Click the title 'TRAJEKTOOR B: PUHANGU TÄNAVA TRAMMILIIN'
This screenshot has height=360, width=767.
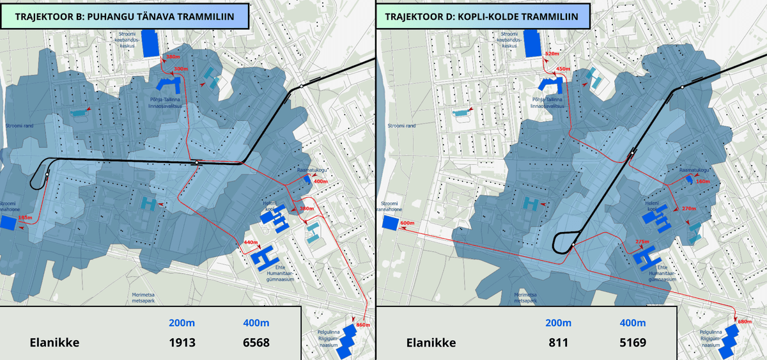click(124, 15)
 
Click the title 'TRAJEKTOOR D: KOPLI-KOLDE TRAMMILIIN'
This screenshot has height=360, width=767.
click(483, 15)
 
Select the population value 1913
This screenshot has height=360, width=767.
click(182, 342)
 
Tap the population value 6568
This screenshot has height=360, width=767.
click(256, 342)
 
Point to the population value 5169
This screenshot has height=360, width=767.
click(632, 342)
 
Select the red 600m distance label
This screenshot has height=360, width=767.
click(407, 223)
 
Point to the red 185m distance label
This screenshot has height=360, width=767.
click(25, 218)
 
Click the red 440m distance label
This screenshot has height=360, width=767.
click(250, 242)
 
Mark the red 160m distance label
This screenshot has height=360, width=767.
click(702, 182)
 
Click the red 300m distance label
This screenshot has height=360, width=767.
click(181, 68)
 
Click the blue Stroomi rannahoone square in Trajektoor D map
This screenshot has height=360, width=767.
click(390, 223)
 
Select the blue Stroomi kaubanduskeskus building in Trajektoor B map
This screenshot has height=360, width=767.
click(150, 43)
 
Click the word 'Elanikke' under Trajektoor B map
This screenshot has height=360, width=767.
click(54, 342)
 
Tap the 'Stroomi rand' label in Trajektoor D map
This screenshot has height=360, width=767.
click(401, 126)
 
